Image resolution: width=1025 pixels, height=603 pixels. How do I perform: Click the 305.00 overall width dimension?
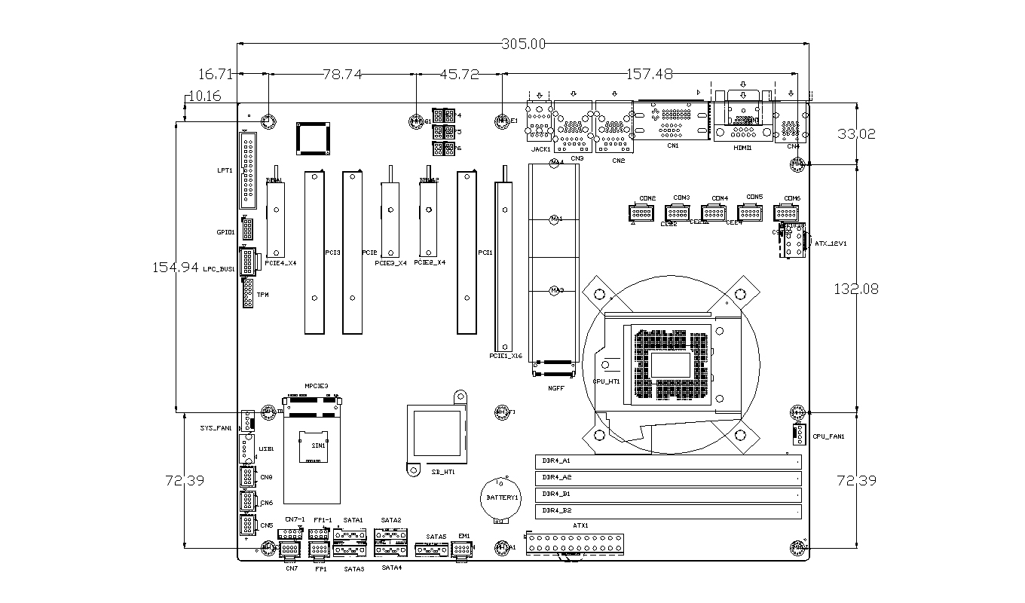(523, 44)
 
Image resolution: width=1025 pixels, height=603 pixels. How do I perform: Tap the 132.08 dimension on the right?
(856, 288)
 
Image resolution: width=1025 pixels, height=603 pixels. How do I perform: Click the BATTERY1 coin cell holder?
(498, 497)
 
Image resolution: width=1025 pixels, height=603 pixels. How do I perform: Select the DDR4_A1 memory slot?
(668, 461)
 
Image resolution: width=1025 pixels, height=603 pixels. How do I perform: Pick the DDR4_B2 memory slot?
(668, 511)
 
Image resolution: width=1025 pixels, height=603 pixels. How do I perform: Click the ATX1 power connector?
(576, 543)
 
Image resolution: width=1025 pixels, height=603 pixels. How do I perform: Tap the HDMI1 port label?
(742, 148)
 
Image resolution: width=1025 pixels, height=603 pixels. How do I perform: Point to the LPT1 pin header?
(247, 170)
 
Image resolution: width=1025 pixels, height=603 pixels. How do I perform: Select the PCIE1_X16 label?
(506, 356)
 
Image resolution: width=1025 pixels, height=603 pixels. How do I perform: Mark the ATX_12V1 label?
(831, 243)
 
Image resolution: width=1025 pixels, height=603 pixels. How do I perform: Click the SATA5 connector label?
(436, 537)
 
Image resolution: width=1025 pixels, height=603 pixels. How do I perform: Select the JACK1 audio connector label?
(540, 149)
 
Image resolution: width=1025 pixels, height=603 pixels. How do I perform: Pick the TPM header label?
(263, 295)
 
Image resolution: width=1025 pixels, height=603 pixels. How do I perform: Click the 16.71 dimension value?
(216, 74)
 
